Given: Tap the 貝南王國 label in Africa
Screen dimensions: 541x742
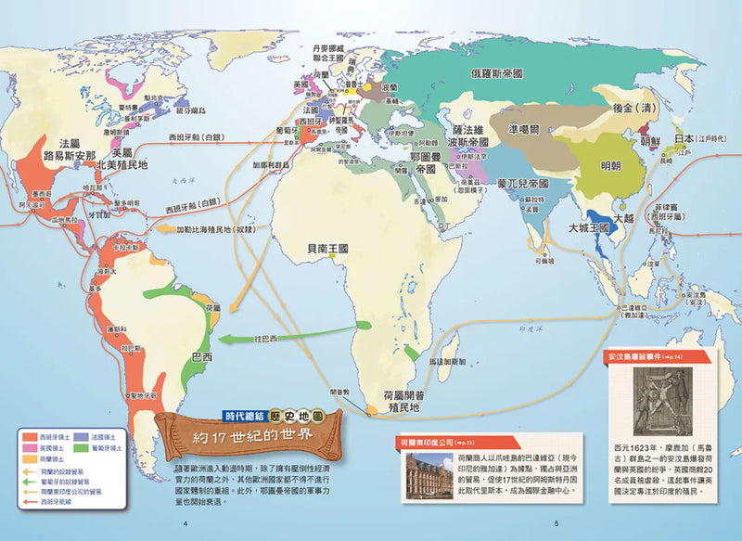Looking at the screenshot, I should point(331,249).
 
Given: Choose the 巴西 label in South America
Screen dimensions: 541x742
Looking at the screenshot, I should point(200,355).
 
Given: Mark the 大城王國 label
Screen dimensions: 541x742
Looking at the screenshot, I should point(588,226).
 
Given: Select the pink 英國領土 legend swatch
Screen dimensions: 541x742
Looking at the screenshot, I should point(29,445).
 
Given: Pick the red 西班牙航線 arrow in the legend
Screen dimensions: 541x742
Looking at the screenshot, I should point(29,501).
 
